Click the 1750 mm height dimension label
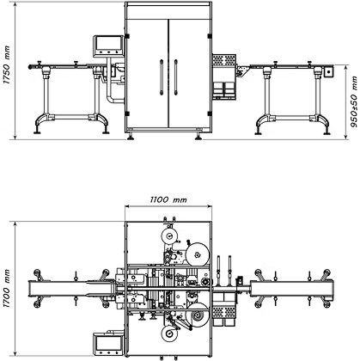tap(7, 65)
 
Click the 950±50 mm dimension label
tap(354, 101)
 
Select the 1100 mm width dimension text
tap(168, 199)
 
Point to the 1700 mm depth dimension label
tap(7, 289)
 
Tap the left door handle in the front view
tap(162, 77)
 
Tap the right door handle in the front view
tap(175, 77)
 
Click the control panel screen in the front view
tap(108, 44)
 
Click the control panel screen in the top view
tap(109, 343)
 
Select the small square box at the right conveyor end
tap(328, 71)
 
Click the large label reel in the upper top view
tap(198, 254)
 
